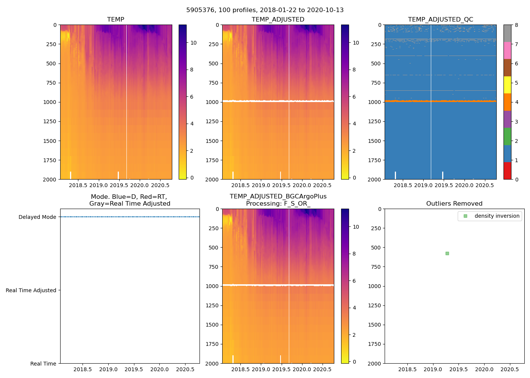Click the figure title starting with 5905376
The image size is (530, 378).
click(265, 10)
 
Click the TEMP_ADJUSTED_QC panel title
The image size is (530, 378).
click(440, 19)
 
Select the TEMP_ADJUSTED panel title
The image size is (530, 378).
click(278, 19)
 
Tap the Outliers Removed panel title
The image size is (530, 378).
click(454, 203)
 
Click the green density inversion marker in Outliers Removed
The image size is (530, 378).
click(447, 253)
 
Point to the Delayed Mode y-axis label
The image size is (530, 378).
click(37, 217)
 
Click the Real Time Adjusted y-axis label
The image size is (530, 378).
click(31, 290)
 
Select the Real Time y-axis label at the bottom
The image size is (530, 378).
click(43, 364)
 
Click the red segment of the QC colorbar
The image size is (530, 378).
click(507, 170)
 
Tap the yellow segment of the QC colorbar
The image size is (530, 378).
click(507, 85)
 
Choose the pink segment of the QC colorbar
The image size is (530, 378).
click(507, 50)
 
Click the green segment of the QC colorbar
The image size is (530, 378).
click(507, 136)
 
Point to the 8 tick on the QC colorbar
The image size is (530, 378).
click(516, 25)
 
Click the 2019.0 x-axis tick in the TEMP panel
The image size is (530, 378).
click(99, 185)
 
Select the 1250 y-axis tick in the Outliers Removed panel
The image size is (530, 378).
click(374, 305)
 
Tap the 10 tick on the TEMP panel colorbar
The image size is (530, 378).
click(193, 43)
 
